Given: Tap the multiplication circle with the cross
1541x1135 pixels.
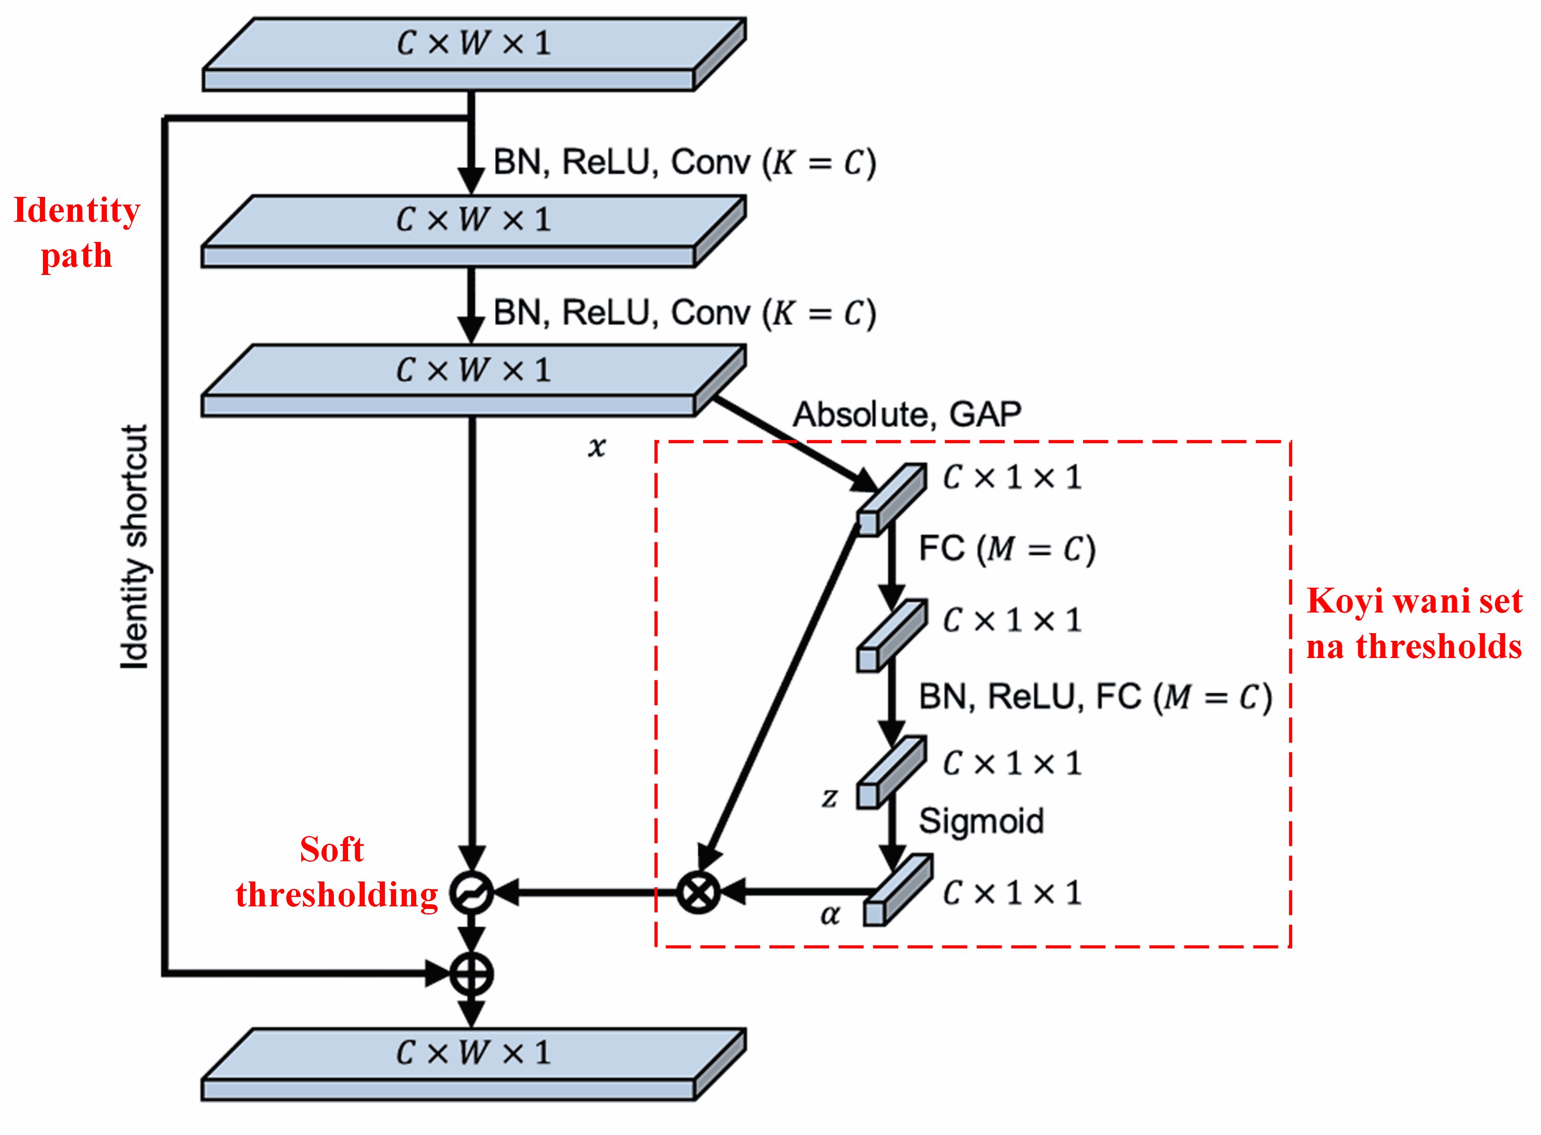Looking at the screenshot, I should [698, 893].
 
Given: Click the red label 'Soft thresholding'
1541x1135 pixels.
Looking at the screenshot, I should [336, 872].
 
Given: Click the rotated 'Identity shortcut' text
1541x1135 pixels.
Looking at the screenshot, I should [134, 546].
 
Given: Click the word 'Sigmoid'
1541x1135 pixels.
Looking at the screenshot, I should [981, 821].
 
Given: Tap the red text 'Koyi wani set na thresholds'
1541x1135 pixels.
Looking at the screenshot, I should [1414, 623].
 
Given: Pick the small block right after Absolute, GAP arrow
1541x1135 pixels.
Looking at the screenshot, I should [891, 499].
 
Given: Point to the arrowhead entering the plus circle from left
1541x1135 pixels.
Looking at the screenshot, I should [437, 974].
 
